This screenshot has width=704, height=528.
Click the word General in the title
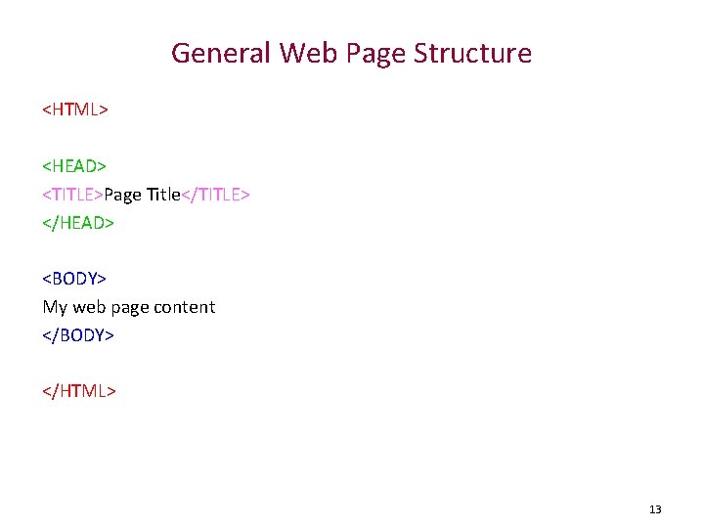[221, 53]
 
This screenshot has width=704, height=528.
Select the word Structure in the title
[472, 53]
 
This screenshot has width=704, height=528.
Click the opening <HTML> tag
[74, 110]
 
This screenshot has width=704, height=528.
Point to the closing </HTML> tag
[79, 391]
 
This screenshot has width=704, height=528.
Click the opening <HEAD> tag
[74, 166]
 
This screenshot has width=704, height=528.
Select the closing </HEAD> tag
[78, 222]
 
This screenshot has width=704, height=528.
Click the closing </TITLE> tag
[216, 195]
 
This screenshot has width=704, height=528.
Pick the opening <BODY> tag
[74, 279]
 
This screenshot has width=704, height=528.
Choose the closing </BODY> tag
[78, 334]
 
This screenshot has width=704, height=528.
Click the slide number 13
[655, 509]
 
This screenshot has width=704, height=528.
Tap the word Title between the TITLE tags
[163, 195]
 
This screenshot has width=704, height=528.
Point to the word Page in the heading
[374, 53]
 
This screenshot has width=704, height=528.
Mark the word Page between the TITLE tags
[123, 195]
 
